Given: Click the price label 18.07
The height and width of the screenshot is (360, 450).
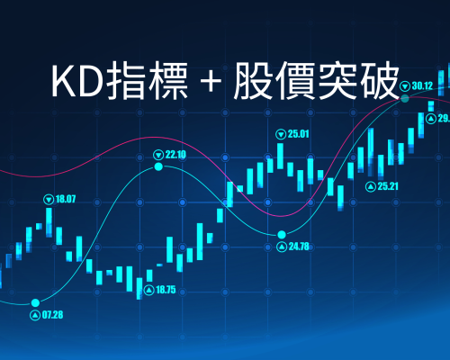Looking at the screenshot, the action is coord(66,199).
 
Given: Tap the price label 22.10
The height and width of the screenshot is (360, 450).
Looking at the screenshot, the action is coord(175,155).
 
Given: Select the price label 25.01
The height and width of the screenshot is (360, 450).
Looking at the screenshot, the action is coord(298,134).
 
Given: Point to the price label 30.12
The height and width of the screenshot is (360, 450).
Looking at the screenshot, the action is coord(422,86).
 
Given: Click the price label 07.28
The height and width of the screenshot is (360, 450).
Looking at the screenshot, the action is coord(52,315).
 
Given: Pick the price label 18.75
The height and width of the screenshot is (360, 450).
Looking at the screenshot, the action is coord(166,290).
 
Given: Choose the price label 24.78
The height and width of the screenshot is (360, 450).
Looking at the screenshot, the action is coord(299,247).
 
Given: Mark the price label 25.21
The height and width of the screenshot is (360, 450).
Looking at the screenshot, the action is coord(388,186).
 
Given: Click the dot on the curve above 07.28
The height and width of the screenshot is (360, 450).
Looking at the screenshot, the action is coord(35,302).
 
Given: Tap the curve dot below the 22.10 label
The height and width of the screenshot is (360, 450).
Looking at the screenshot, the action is coord(158,166).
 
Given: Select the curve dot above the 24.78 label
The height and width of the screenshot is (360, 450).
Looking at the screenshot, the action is coord(282,234).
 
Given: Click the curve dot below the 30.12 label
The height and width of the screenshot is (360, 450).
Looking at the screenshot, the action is coord(405,98).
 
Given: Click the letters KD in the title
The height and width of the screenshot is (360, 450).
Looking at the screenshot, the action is coord(77,80).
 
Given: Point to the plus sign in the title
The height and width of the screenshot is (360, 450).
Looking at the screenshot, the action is coord(211,81).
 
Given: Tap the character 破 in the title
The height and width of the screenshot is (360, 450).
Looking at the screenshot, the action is coord(380,80).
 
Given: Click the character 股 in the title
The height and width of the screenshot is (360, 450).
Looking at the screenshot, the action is coord(253,80).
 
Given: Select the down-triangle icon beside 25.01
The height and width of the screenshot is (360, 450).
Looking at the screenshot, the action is coord(281,134).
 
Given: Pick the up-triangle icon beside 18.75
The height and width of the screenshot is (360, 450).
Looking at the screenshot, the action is coord(149,290).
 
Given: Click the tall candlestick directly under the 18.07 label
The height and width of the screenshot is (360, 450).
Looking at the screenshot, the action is coord(49,222).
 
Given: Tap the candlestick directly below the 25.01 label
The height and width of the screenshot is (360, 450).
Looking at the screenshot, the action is coord(280,156).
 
